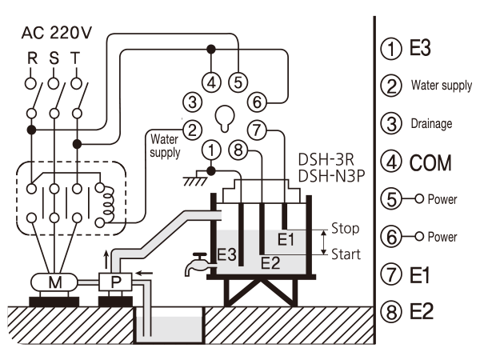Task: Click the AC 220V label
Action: point(56,33)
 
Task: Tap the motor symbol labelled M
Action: point(54,282)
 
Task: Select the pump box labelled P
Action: point(115,282)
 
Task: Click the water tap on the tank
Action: point(198,263)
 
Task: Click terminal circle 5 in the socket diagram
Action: point(238,82)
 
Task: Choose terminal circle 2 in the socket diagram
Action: point(192,130)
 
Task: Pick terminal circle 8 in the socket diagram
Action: point(238,150)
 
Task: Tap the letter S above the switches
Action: point(54,58)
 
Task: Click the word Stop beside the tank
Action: point(345,228)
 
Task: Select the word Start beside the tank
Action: point(346,254)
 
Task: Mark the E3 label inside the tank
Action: point(226,254)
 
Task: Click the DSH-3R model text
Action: point(326,159)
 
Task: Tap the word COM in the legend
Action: point(430,162)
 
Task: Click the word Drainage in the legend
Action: point(431,124)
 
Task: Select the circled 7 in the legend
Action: point(391,274)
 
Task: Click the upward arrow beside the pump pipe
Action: point(106,259)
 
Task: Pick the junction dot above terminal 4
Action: point(211,49)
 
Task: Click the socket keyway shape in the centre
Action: point(225,118)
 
